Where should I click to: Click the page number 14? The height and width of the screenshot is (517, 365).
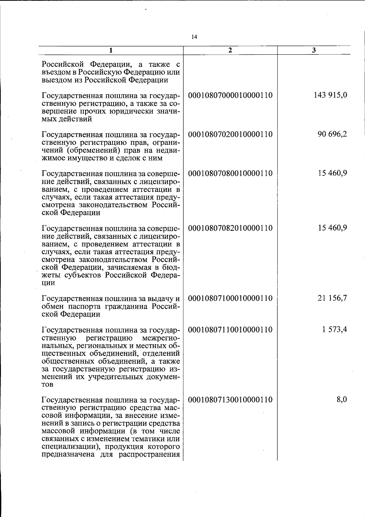[x=195, y=37]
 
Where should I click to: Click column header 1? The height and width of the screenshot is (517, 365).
[x=111, y=50]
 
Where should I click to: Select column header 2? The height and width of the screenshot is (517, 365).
[x=230, y=50]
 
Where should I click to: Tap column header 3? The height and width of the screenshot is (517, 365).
[x=314, y=50]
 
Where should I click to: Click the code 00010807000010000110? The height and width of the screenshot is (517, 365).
[x=230, y=95]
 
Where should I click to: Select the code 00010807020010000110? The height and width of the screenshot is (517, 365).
[x=230, y=134]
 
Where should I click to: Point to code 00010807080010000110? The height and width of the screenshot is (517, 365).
[x=230, y=173]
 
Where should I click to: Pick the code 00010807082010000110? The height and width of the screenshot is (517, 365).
[x=230, y=228]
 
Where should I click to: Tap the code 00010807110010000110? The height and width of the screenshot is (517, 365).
[x=230, y=330]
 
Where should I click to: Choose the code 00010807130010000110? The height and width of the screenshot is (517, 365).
[x=230, y=400]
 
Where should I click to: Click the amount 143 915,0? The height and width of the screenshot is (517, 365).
[x=330, y=95]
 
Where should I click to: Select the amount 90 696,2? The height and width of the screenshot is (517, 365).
[x=332, y=134]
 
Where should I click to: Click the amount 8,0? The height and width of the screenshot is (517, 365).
[x=342, y=400]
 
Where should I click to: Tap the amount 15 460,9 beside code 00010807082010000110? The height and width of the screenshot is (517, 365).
[x=332, y=228]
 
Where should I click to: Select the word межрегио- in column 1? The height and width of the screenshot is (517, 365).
[x=161, y=338]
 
